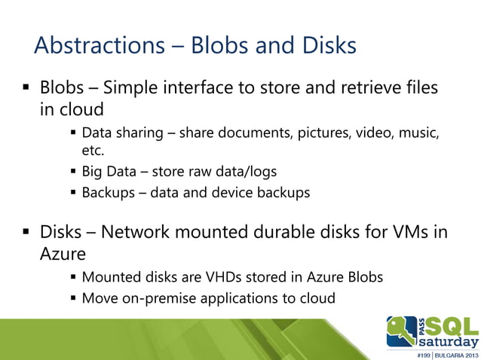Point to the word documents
[x=244, y=134]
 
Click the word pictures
[x=318, y=134]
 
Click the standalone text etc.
[x=93, y=151]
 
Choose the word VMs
[x=407, y=231]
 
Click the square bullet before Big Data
[x=73, y=172]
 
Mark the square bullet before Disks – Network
[x=28, y=232]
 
